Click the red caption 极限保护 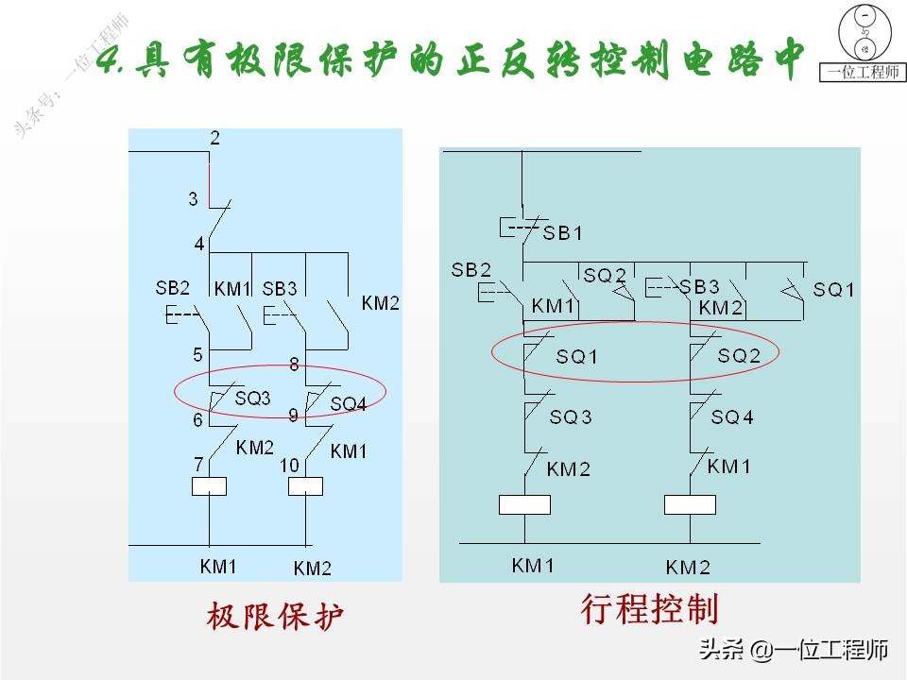pyautogui.click(x=275, y=617)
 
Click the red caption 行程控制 pyautogui.click(x=649, y=608)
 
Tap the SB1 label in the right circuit pyautogui.click(x=563, y=232)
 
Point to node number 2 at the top pyautogui.click(x=214, y=139)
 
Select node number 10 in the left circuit pyautogui.click(x=289, y=465)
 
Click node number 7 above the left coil pyautogui.click(x=197, y=464)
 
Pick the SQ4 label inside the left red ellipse pyautogui.click(x=348, y=404)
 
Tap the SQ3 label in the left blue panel pyautogui.click(x=252, y=399)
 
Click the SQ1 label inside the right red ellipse pyautogui.click(x=576, y=357)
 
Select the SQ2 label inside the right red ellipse pyautogui.click(x=739, y=356)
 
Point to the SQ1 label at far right pyautogui.click(x=833, y=290)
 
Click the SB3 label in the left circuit pyautogui.click(x=280, y=287)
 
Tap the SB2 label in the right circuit pyautogui.click(x=471, y=269)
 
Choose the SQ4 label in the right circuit pyautogui.click(x=732, y=416)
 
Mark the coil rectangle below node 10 pyautogui.click(x=305, y=486)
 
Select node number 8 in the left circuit pyautogui.click(x=294, y=364)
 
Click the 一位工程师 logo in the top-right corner pyautogui.click(x=864, y=42)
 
